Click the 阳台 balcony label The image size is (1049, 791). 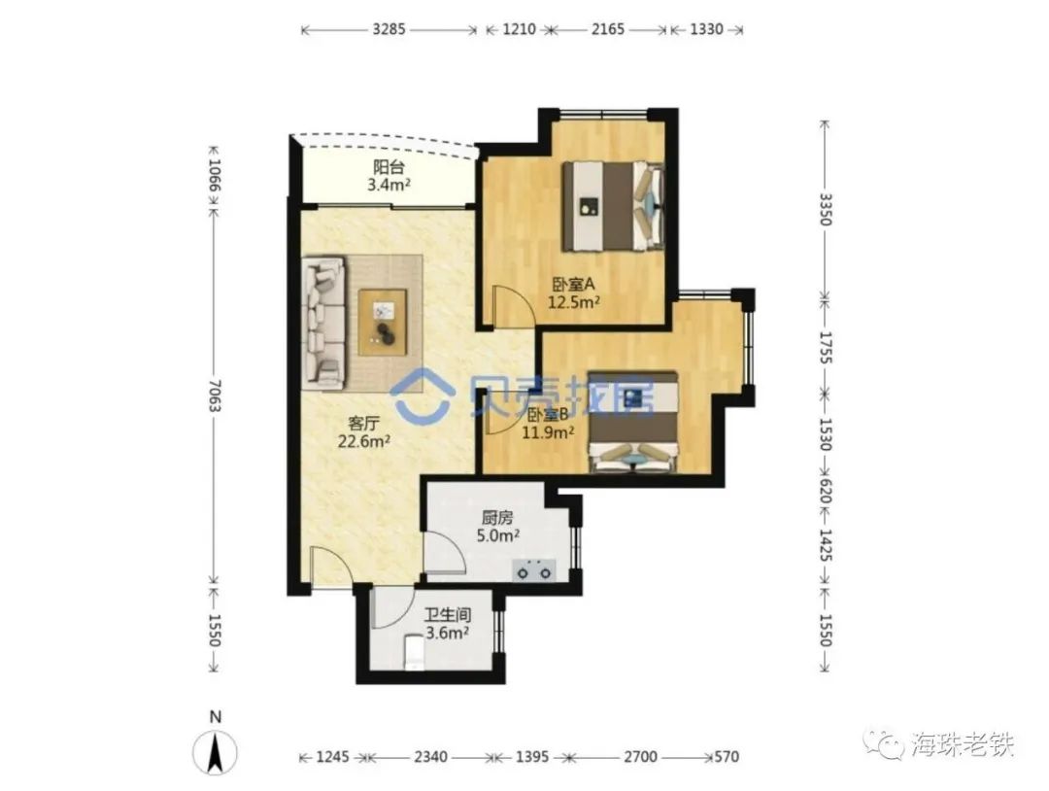pos(388,167)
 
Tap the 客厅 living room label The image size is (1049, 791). pos(364,423)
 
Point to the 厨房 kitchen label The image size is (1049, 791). pos(497,518)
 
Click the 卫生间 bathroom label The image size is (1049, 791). pos(448,615)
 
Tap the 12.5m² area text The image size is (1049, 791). pos(573,302)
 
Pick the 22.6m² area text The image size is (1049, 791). pos(364,441)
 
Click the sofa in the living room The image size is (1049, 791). pos(325,323)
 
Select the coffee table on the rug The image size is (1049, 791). pos(382,322)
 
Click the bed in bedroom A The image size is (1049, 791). pos(613,206)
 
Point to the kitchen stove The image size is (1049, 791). pos(534,571)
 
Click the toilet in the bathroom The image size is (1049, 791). pos(414,652)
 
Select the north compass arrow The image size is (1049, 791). pos(215,753)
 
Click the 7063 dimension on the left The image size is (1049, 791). pos(214,396)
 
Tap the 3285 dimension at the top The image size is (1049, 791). pos(389,29)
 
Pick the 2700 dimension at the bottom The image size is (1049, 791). pos(639,757)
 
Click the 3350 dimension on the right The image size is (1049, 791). pos(826,210)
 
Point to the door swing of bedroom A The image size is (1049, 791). pos(508,305)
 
